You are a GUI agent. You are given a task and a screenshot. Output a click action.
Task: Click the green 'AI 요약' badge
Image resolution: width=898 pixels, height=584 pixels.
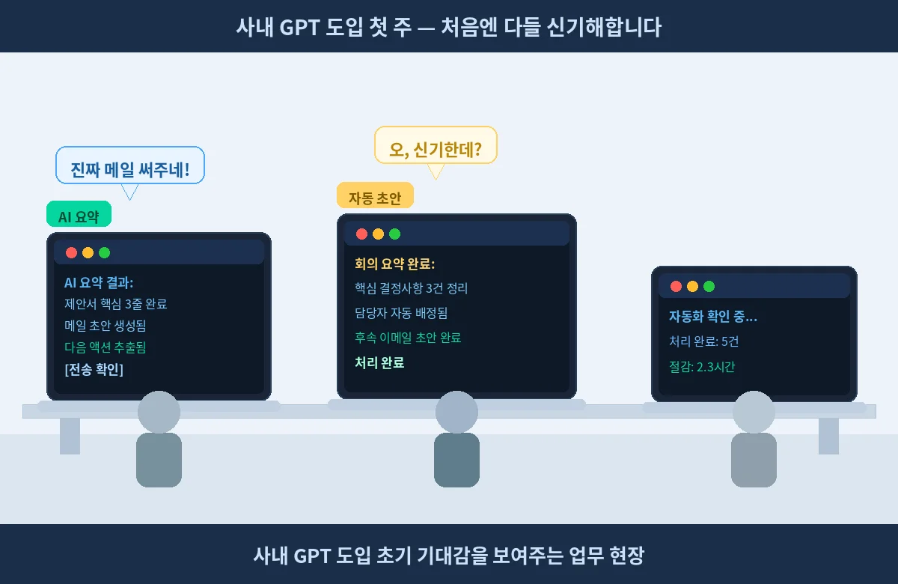coord(79,214)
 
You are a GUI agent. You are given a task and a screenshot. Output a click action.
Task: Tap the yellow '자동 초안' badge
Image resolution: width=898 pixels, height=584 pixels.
coord(375,195)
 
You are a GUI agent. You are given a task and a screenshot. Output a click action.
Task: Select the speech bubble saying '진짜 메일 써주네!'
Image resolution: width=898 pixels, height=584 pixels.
coord(130,165)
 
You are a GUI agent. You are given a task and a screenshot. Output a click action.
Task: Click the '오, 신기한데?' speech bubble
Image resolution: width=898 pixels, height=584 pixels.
coord(436,145)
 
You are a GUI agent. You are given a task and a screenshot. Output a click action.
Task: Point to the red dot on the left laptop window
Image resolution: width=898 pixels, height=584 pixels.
coord(71,253)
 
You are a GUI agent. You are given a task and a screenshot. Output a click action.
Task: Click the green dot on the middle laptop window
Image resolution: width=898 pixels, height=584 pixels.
coord(395,234)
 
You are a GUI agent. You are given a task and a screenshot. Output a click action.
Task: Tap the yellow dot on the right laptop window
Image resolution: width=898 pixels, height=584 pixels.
coord(692,286)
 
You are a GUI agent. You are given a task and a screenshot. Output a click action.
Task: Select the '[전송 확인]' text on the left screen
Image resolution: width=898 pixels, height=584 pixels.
coord(94,369)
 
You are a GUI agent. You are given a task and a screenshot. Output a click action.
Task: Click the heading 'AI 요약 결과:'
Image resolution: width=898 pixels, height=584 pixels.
coord(99,282)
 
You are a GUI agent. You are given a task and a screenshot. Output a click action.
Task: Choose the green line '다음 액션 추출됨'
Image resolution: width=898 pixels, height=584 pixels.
coord(106,347)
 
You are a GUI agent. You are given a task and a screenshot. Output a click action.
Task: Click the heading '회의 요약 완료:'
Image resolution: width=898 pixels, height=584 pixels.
coord(394,264)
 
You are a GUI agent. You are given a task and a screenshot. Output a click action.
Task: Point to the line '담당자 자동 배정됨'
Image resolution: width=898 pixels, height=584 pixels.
coord(401,313)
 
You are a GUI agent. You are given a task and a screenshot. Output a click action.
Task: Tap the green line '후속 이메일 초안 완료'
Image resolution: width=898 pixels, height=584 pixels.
coord(408,338)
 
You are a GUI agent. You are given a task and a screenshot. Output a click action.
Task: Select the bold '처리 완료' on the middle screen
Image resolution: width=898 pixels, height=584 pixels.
coord(379,362)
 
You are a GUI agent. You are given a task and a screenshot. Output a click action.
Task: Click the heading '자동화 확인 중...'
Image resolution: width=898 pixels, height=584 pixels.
coord(712,317)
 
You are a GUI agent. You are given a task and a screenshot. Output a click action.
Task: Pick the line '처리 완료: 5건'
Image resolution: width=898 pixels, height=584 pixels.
coord(703,341)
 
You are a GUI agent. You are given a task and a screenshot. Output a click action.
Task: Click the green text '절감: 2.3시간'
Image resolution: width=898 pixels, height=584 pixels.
coord(702,367)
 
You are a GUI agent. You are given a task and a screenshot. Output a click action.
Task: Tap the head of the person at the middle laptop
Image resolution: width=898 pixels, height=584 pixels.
coord(456,412)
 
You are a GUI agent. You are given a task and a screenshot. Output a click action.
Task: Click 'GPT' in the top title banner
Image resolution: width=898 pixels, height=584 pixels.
coord(299,28)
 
